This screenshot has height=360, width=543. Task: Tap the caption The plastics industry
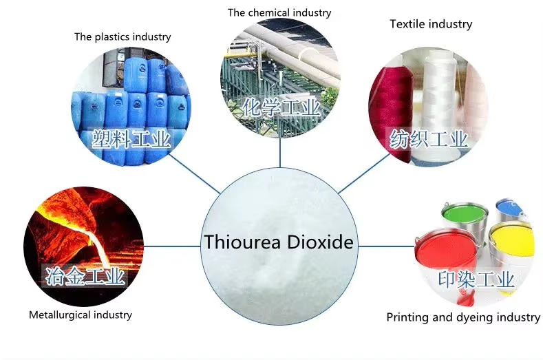pyautogui.click(x=123, y=36)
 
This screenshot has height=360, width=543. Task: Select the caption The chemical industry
pyautogui.click(x=279, y=12)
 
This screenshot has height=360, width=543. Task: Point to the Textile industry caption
pyautogui.click(x=431, y=24)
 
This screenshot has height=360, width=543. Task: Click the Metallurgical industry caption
pyautogui.click(x=81, y=315)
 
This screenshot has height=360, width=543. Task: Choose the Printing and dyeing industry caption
pyautogui.click(x=462, y=317)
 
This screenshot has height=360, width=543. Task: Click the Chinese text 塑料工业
pyautogui.click(x=131, y=140)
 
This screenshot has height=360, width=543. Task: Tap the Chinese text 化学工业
pyautogui.click(x=281, y=107)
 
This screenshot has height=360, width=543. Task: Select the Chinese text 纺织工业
pyautogui.click(x=429, y=139)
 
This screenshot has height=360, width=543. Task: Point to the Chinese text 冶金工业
pyautogui.click(x=85, y=277)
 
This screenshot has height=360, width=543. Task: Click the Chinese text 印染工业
pyautogui.click(x=476, y=279)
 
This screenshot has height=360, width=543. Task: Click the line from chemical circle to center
pyautogui.click(x=280, y=152)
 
